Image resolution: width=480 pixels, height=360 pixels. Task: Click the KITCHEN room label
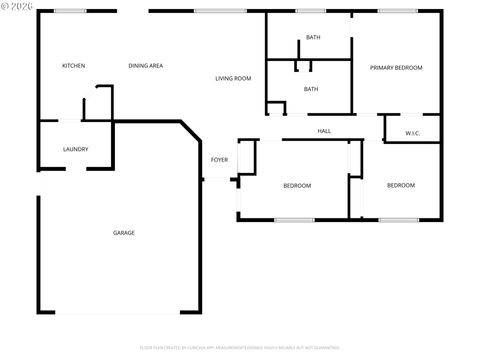(73, 66)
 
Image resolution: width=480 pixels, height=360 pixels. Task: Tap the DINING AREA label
(146, 66)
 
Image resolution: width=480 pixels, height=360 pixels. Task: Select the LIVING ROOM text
(233, 78)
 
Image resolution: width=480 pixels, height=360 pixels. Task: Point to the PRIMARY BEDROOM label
(396, 68)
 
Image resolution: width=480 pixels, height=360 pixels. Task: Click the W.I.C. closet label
(412, 133)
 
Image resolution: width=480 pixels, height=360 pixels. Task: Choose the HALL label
(324, 131)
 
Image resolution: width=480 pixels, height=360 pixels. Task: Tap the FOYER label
(218, 160)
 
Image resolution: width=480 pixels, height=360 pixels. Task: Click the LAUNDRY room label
(75, 150)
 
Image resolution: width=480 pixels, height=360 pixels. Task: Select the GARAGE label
(124, 233)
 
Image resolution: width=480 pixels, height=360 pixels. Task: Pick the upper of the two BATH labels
(313, 38)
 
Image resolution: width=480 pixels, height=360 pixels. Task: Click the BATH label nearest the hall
(311, 89)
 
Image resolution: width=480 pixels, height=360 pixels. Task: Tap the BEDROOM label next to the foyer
(297, 185)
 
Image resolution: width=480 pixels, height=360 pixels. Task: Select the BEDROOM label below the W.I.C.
(401, 185)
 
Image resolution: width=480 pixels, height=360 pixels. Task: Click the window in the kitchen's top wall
(69, 11)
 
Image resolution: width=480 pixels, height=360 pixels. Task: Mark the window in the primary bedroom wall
(397, 11)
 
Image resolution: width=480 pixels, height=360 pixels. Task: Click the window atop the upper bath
(310, 11)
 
